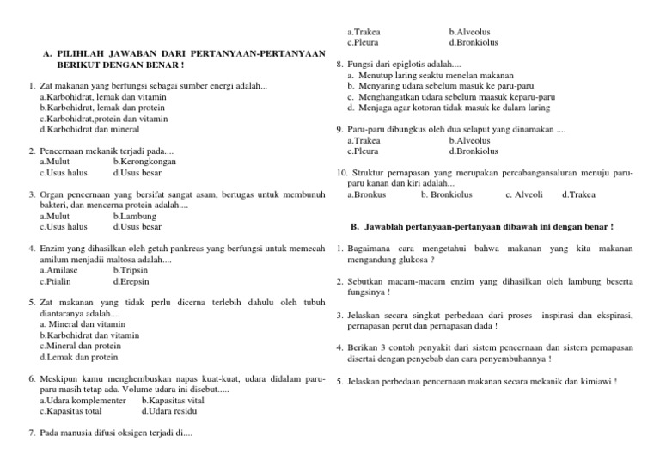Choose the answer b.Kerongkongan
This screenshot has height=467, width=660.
(144, 161)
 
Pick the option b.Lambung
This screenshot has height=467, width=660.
(134, 217)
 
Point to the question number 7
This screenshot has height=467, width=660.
(31, 433)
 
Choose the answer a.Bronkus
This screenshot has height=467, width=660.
(366, 194)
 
